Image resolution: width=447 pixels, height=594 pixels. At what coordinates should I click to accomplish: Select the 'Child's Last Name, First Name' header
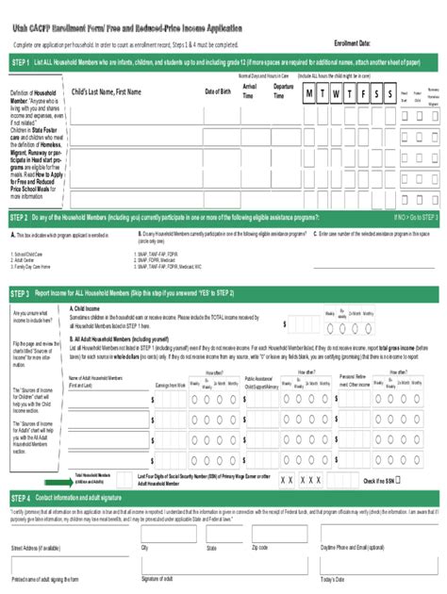pyautogui.click(x=108, y=91)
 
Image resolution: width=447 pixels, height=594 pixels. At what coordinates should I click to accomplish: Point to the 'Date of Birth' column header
pyautogui.click(x=219, y=91)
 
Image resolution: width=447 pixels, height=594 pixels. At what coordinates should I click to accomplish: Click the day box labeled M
pyautogui.click(x=309, y=93)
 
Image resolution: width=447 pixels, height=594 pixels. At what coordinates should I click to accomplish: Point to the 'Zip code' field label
pyautogui.click(x=260, y=547)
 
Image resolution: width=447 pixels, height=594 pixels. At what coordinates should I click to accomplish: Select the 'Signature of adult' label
pyautogui.click(x=161, y=577)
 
